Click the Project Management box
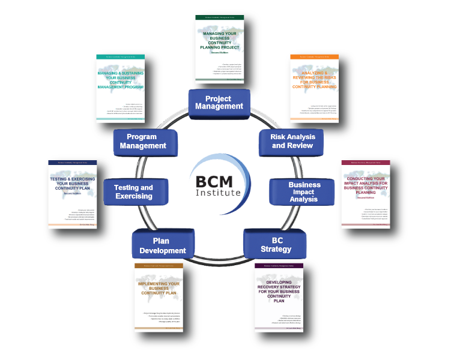[x=218, y=103]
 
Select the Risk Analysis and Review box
[x=292, y=141]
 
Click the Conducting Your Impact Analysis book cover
[x=365, y=194]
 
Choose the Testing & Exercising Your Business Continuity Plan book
[x=74, y=194]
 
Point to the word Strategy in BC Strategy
[x=276, y=249]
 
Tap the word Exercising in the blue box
[x=135, y=196]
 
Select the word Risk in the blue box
[x=279, y=137]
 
